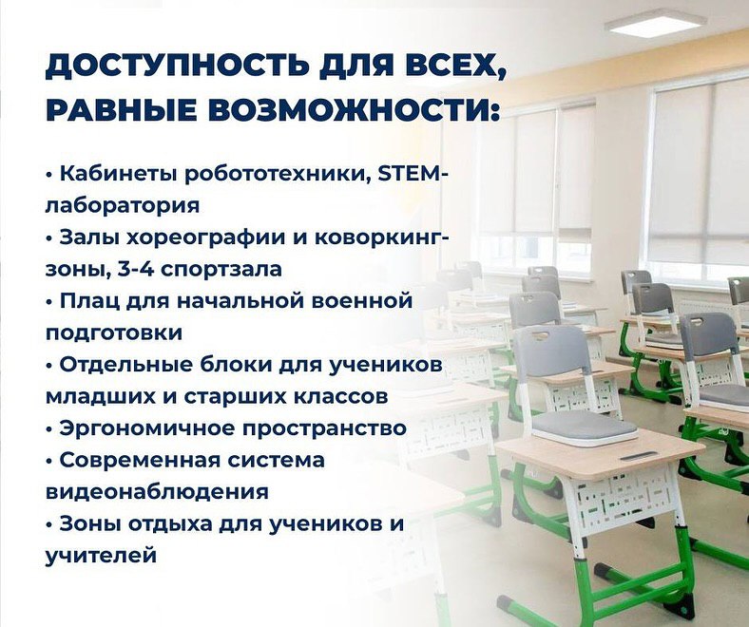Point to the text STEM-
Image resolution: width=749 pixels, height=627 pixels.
pyautogui.click(x=413, y=174)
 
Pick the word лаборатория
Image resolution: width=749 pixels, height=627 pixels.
pyautogui.click(x=123, y=206)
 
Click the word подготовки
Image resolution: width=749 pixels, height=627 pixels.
pyautogui.click(x=114, y=333)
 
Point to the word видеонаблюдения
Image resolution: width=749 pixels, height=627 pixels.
pyautogui.click(x=157, y=491)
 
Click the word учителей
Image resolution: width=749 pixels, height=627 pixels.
pyautogui.click(x=102, y=556)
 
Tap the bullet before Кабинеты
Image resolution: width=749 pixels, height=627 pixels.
pyautogui.click(x=48, y=175)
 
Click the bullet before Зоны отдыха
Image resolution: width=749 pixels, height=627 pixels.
pyautogui.click(x=48, y=524)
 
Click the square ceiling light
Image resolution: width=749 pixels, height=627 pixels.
pyautogui.click(x=656, y=24)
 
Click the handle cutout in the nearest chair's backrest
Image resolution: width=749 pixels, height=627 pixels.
pyautogui.click(x=539, y=335)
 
